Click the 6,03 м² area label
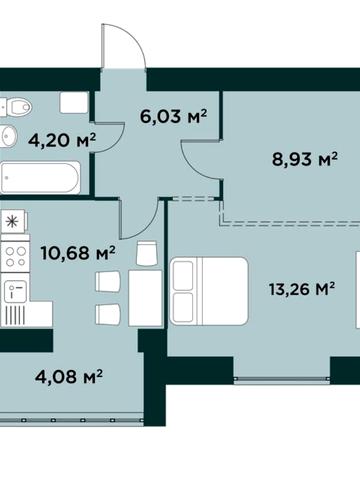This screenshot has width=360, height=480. click(x=174, y=116)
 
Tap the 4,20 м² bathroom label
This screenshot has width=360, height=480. click(x=62, y=140)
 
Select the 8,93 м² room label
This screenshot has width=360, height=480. click(x=305, y=159)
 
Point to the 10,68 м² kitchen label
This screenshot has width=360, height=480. click(x=78, y=253)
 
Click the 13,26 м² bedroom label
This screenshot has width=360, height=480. click(x=302, y=289)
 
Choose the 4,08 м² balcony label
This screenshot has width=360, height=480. click(x=69, y=377)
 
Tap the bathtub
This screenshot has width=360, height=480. click(x=40, y=177)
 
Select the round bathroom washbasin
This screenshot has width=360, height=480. click(x=8, y=136)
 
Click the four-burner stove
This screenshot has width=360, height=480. click(x=15, y=256)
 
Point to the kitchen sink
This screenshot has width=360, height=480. click(x=15, y=290)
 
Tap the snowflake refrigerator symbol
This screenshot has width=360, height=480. click(x=13, y=221)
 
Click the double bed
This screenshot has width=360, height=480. click(x=209, y=291)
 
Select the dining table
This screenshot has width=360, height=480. click(x=145, y=298)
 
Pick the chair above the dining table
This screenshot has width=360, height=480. click(x=147, y=254)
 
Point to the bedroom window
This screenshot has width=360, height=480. click(x=282, y=379)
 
